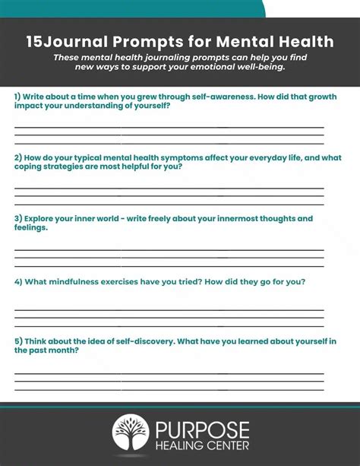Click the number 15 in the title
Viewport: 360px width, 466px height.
point(34,41)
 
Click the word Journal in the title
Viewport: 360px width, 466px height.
point(73,41)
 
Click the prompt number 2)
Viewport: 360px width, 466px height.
point(18,157)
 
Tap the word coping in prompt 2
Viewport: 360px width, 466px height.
point(33,166)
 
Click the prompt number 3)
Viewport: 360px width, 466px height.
point(18,219)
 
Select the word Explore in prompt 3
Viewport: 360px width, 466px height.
point(43,219)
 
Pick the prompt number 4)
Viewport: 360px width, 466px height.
point(18,281)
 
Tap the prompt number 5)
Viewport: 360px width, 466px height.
point(18,341)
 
